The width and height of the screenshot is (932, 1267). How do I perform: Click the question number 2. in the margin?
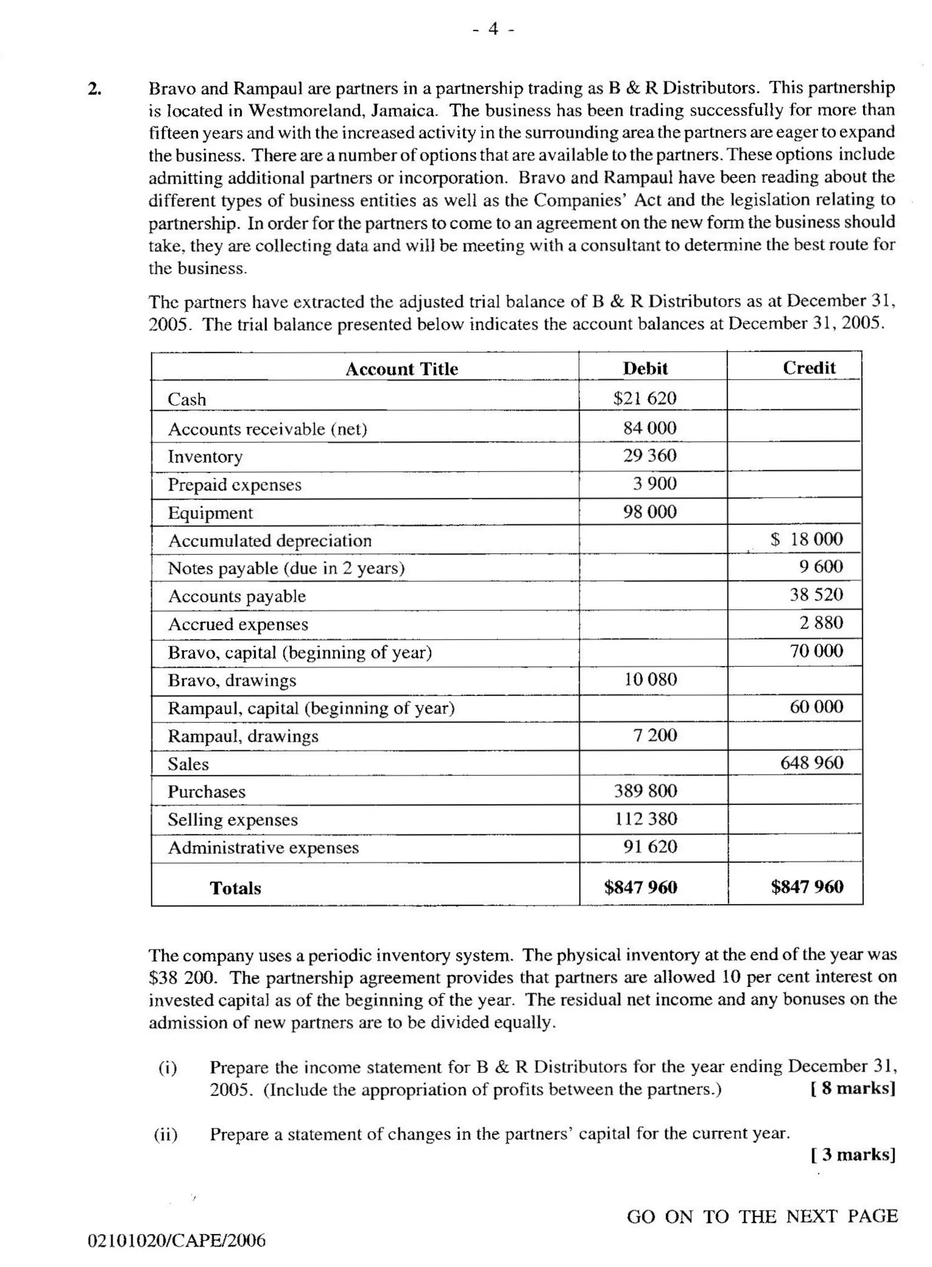[x=95, y=89]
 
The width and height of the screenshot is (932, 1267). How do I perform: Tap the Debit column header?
[x=645, y=368]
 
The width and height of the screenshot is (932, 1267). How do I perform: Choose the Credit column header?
[x=809, y=367]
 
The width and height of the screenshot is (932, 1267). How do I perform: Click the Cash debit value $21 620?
[x=644, y=398]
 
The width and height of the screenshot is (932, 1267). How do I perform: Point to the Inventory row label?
[x=205, y=456]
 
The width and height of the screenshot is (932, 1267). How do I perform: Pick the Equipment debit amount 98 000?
[x=649, y=512]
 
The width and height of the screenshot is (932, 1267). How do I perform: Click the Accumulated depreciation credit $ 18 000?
[x=806, y=539]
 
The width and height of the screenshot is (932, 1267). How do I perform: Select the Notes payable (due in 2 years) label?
[x=286, y=568]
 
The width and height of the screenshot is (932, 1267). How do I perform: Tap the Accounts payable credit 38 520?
[x=816, y=594]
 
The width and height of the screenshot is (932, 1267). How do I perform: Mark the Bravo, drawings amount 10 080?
[x=650, y=679]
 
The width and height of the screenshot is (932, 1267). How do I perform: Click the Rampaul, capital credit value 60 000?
[x=816, y=707]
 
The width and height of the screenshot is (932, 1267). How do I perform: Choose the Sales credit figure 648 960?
[x=811, y=762]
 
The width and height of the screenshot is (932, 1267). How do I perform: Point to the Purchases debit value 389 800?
[x=645, y=790]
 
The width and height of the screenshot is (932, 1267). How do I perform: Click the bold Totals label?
[x=235, y=888]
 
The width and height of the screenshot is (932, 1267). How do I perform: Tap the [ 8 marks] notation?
[x=852, y=1088]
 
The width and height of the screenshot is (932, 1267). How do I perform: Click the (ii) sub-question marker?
[x=166, y=1133]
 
